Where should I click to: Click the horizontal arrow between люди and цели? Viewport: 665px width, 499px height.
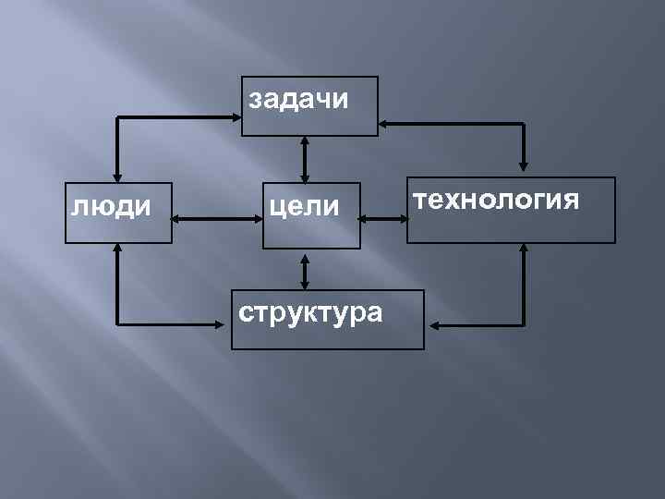coord(218,219)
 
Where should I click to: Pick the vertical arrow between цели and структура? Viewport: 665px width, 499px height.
coord(305,269)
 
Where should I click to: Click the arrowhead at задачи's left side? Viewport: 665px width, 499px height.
coord(233,117)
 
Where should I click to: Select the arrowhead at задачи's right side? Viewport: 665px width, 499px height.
coord(386,124)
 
